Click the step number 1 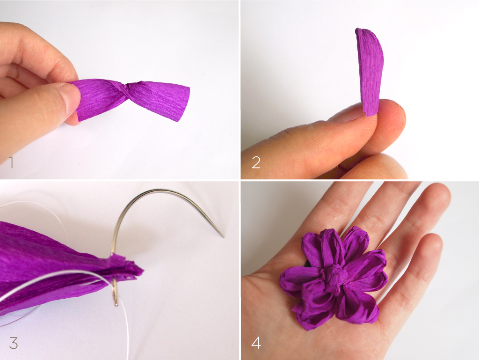click(11, 162)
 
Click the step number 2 click(256, 162)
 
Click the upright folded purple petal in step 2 click(370, 70)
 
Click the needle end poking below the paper click(115, 300)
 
